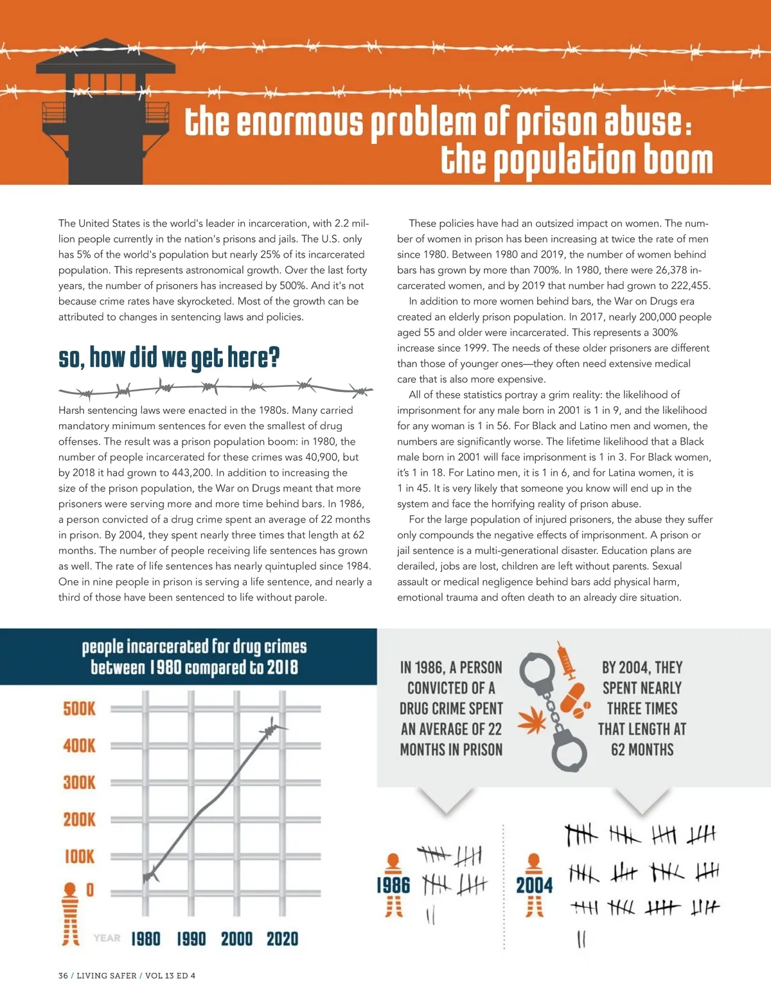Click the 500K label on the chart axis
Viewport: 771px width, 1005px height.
(x=79, y=709)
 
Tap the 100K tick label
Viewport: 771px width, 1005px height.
(x=79, y=857)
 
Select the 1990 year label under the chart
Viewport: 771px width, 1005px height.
(x=191, y=939)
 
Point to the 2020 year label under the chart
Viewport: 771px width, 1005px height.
(x=283, y=939)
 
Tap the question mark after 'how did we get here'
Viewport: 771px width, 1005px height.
(x=274, y=357)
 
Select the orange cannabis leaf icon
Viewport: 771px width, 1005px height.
(x=531, y=722)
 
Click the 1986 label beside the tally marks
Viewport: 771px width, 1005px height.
(x=393, y=885)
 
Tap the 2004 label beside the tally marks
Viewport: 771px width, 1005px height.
(x=534, y=885)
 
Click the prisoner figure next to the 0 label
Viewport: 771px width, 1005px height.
(x=70, y=913)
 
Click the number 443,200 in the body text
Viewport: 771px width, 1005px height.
(x=192, y=472)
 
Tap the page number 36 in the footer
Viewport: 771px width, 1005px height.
(x=63, y=975)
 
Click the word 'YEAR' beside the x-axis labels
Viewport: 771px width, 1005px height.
(x=107, y=938)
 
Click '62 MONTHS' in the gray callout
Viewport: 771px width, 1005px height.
(x=642, y=749)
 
